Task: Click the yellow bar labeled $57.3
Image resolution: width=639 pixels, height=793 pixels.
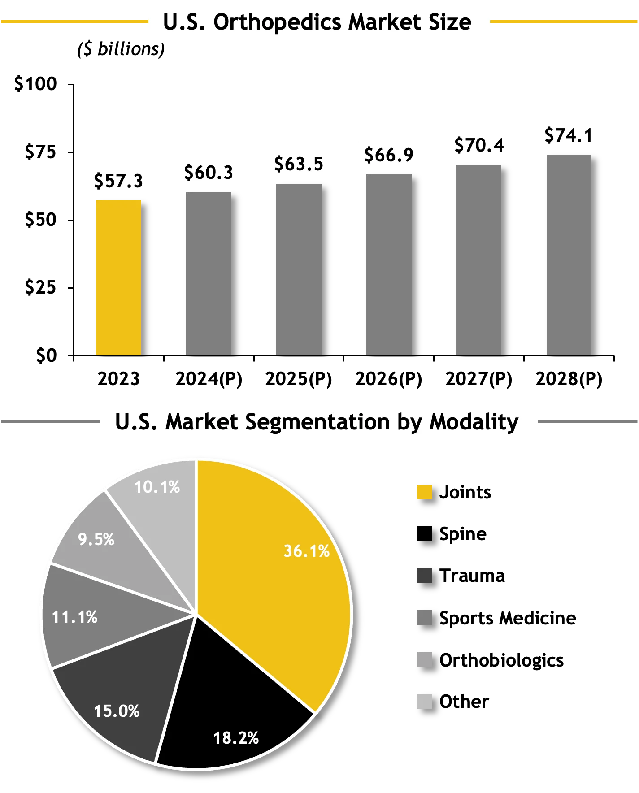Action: click(x=118, y=278)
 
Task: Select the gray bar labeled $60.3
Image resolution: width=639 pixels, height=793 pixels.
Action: click(x=209, y=273)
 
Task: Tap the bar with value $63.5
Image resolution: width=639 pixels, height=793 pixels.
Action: click(x=299, y=269)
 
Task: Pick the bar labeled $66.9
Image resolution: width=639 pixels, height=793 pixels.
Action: click(x=389, y=264)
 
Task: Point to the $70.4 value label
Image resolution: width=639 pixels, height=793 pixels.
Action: click(x=478, y=145)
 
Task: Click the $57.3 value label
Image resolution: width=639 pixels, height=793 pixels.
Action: click(x=118, y=181)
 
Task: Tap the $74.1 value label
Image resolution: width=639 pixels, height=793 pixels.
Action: click(x=568, y=135)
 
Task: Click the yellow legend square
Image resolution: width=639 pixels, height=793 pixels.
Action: click(x=425, y=492)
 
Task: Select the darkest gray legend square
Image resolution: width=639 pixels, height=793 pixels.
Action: click(x=425, y=576)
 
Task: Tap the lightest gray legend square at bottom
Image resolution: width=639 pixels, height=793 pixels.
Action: click(x=425, y=701)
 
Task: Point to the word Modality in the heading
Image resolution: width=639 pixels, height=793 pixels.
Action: click(x=474, y=422)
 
